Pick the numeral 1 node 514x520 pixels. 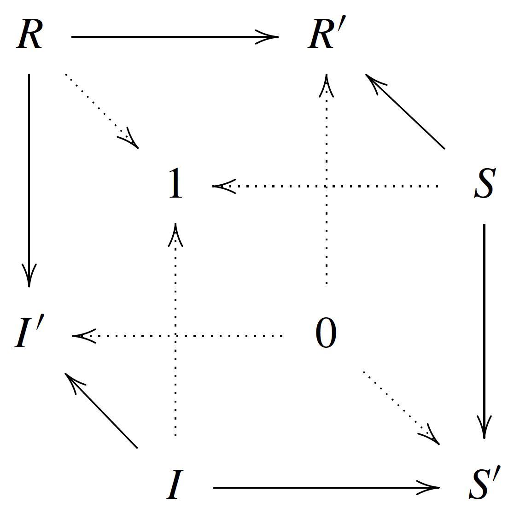175,184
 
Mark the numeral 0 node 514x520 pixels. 326,334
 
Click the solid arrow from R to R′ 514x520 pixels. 175,36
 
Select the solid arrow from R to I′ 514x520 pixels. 29,180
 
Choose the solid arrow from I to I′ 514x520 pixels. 102,410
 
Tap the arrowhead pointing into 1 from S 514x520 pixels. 224,186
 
